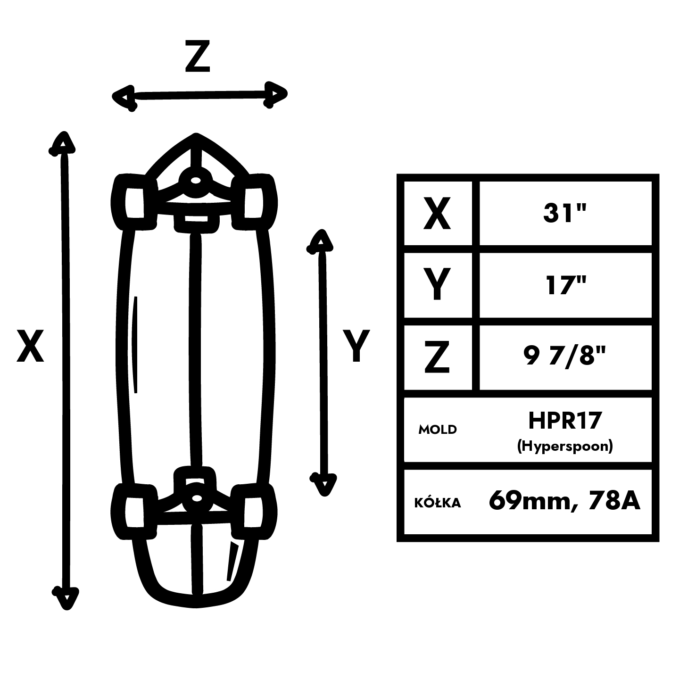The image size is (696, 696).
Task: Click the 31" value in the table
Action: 564,214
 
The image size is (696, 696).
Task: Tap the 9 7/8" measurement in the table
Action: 564,357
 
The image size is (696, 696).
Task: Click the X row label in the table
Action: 437,214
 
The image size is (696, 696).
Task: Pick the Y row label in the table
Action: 437,285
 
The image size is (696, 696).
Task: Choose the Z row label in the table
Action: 437,357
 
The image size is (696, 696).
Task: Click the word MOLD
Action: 438,430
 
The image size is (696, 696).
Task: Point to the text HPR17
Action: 565,420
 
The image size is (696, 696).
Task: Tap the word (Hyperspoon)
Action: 565,446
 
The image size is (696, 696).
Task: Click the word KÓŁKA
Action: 438,503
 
